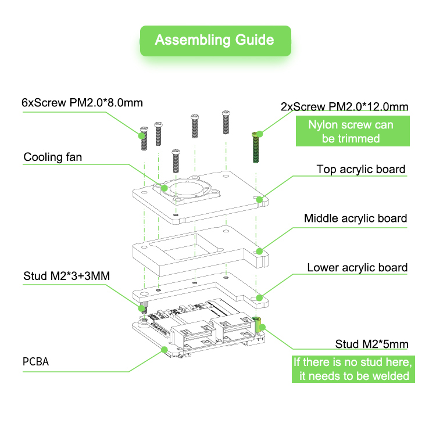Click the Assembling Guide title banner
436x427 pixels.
click(x=215, y=40)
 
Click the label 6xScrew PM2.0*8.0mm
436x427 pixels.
click(x=82, y=103)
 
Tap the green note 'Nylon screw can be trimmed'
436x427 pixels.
click(x=351, y=132)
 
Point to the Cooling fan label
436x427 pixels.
click(x=53, y=157)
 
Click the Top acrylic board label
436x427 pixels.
click(x=360, y=169)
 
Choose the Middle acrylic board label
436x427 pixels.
click(x=355, y=218)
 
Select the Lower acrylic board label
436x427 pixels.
click(x=357, y=268)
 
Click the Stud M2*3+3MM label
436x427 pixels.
click(x=66, y=275)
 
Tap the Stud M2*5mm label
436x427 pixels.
click(x=371, y=344)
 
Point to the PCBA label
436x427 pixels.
click(x=36, y=362)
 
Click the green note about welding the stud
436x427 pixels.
click(x=353, y=369)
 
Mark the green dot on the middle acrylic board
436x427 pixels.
click(x=260, y=252)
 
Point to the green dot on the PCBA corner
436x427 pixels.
click(x=165, y=350)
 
